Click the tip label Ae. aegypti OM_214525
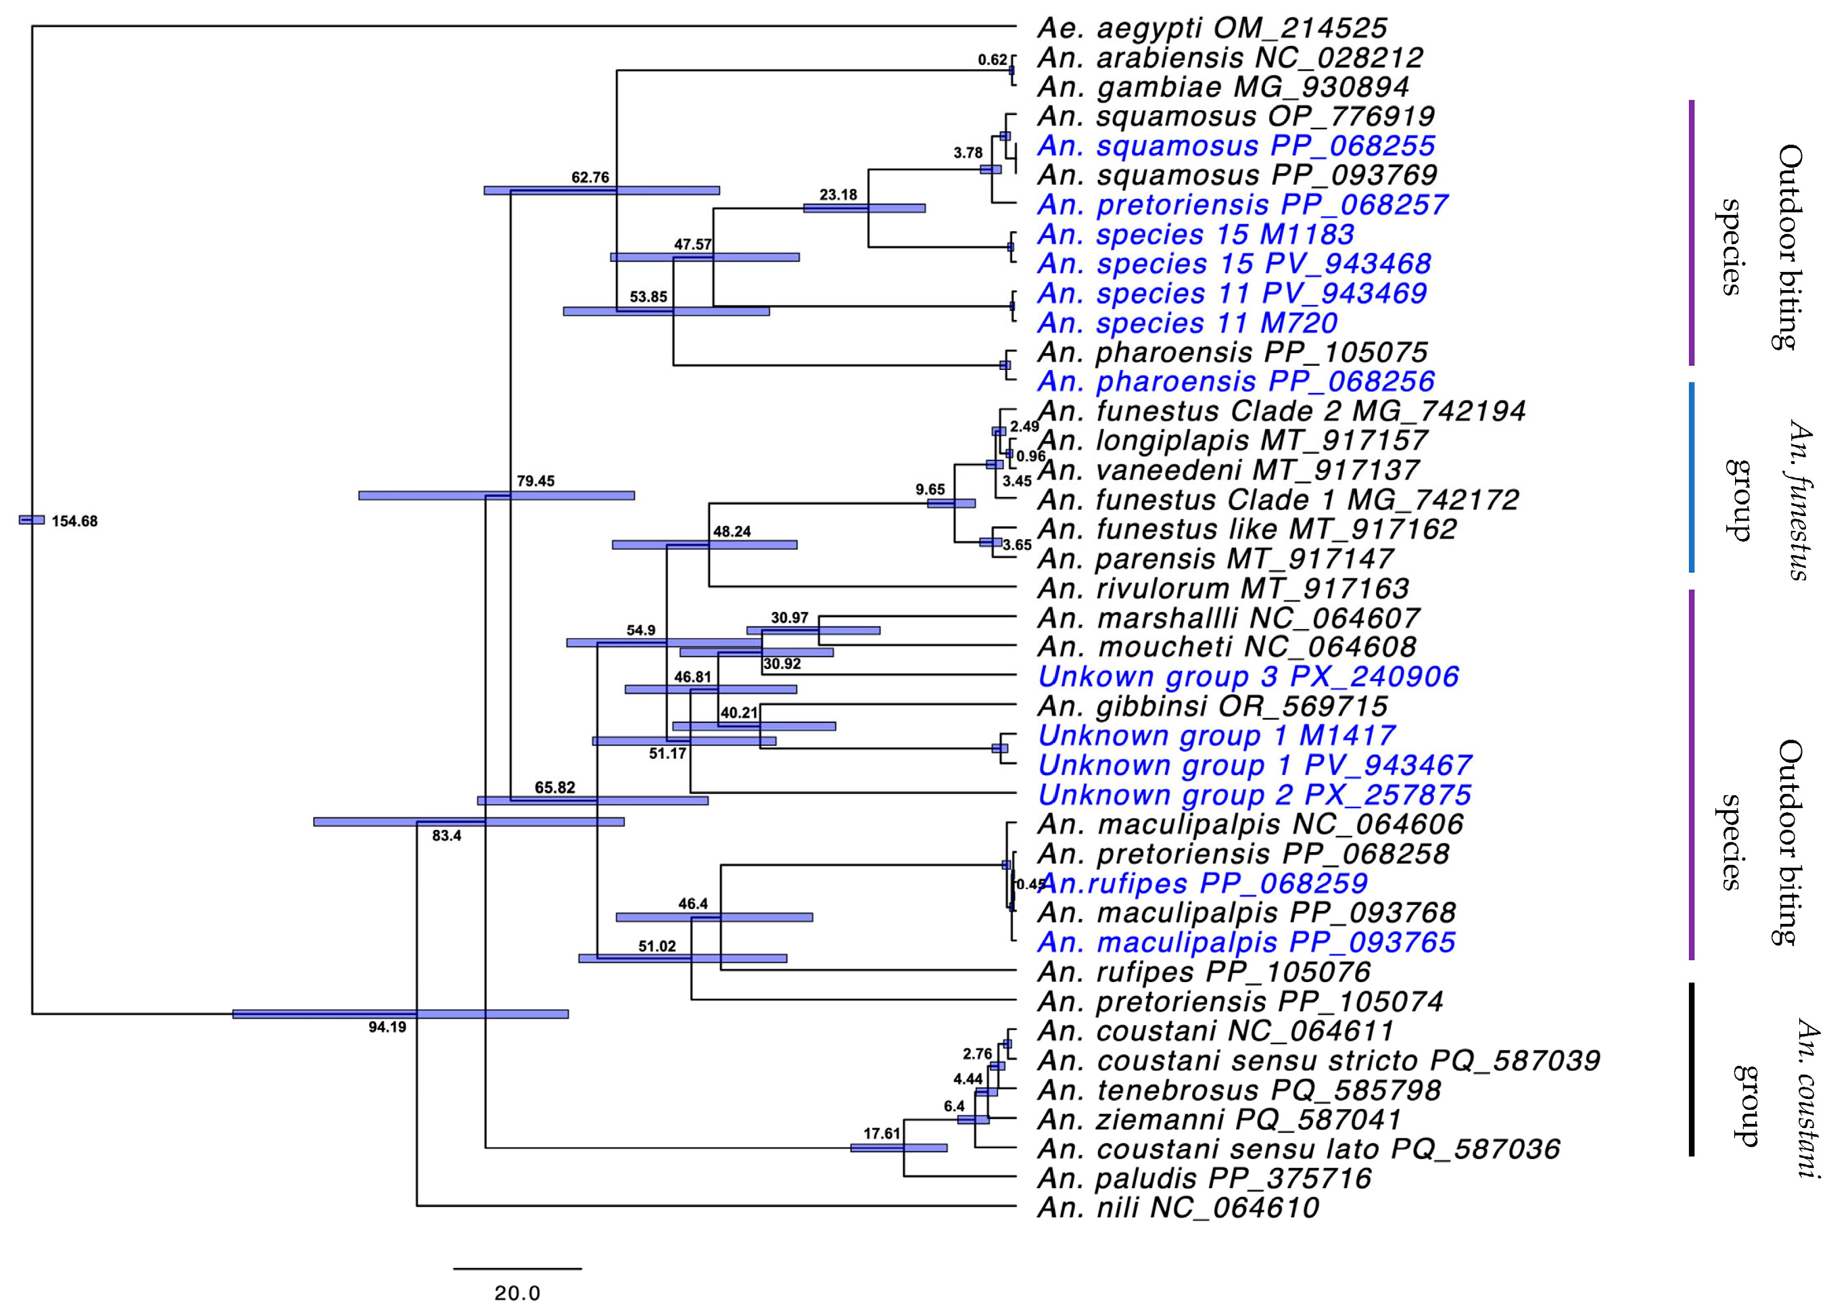click(1211, 28)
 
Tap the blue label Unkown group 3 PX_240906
click(1248, 677)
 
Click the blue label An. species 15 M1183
click(1195, 235)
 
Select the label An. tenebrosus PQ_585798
click(1239, 1091)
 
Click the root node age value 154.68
click(74, 521)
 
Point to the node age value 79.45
click(536, 482)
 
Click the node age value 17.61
click(882, 1133)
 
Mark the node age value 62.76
click(590, 177)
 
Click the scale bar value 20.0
click(517, 1294)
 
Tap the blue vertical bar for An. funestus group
click(1691, 477)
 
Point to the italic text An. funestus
click(1799, 500)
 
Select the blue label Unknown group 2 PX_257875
click(1254, 795)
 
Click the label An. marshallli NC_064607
click(1228, 619)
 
